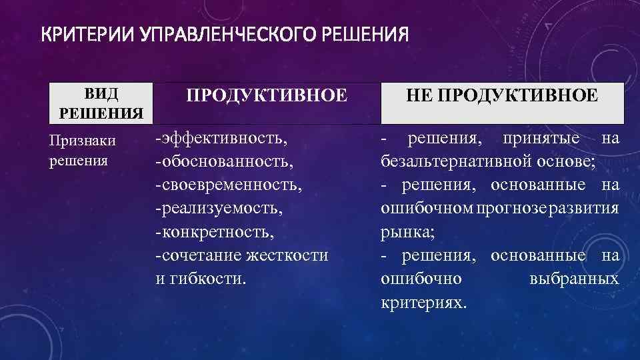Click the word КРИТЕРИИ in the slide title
(88, 34)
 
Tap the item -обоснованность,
(225, 162)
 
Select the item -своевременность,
(229, 185)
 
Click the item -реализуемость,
(219, 208)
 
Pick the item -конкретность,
(214, 232)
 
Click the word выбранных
(574, 278)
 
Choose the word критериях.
(424, 302)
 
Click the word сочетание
(200, 255)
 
